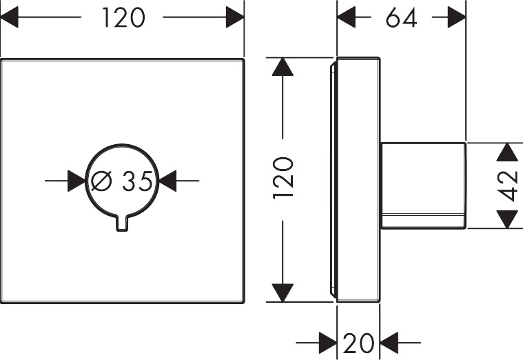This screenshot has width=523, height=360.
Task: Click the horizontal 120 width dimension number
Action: click(x=123, y=18)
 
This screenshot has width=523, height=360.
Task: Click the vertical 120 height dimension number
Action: click(x=283, y=178)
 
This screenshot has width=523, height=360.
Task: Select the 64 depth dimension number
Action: click(x=401, y=18)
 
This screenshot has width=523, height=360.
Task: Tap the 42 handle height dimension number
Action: click(x=508, y=185)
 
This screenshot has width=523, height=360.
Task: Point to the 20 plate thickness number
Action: click(x=358, y=341)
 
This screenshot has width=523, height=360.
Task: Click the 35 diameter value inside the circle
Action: click(x=137, y=181)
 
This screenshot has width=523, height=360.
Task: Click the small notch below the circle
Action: click(x=123, y=223)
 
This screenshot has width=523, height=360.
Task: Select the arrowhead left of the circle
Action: click(x=76, y=181)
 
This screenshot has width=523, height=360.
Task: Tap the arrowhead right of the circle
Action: click(x=168, y=181)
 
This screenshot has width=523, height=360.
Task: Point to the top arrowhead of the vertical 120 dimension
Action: click(x=282, y=67)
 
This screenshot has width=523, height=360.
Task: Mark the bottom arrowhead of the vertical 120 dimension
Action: click(x=282, y=292)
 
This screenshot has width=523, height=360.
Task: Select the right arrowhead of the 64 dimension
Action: click(x=457, y=18)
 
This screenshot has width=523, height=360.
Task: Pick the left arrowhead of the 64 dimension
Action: click(x=346, y=18)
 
